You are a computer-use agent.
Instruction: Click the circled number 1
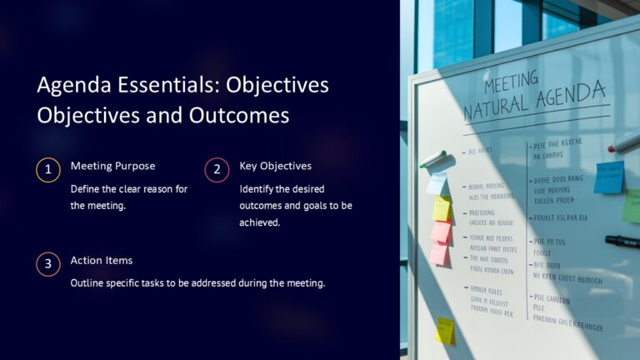click(48, 170)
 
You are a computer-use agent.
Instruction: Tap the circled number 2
click(217, 170)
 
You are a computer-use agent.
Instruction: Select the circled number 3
click(48, 265)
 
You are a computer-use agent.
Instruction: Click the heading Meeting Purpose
click(112, 166)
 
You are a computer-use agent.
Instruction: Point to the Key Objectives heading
click(275, 166)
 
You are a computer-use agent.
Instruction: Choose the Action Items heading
click(102, 261)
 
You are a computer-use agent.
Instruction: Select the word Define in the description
click(86, 188)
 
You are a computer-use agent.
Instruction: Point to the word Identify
click(257, 188)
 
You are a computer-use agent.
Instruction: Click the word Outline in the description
click(87, 283)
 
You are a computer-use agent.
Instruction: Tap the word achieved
click(259, 222)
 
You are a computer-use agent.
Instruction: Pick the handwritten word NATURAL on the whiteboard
click(496, 107)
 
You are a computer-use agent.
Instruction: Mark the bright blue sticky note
click(608, 177)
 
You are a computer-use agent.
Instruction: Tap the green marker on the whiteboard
click(432, 159)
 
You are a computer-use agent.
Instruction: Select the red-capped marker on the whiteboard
click(624, 143)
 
